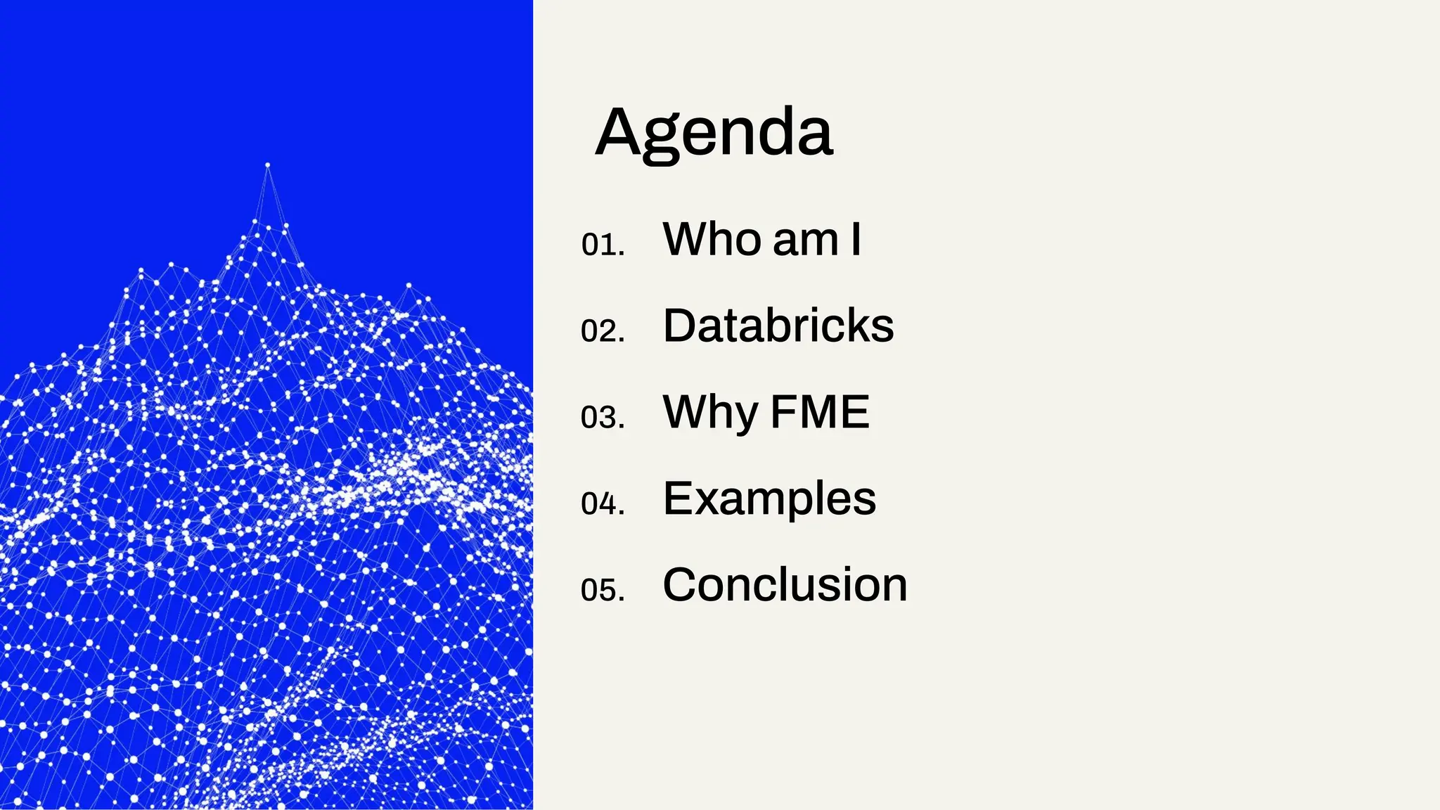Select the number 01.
click(x=603, y=245)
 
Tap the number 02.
click(x=603, y=330)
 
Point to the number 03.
click(x=603, y=417)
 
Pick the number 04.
click(x=603, y=503)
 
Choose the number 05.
click(x=603, y=590)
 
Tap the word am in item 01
click(x=806, y=240)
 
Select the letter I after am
click(x=855, y=239)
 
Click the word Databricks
click(x=778, y=326)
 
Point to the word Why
click(x=711, y=413)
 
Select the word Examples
click(x=769, y=499)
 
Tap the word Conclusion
click(x=785, y=585)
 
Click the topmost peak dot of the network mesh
click(x=267, y=166)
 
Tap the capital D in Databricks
click(x=680, y=326)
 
